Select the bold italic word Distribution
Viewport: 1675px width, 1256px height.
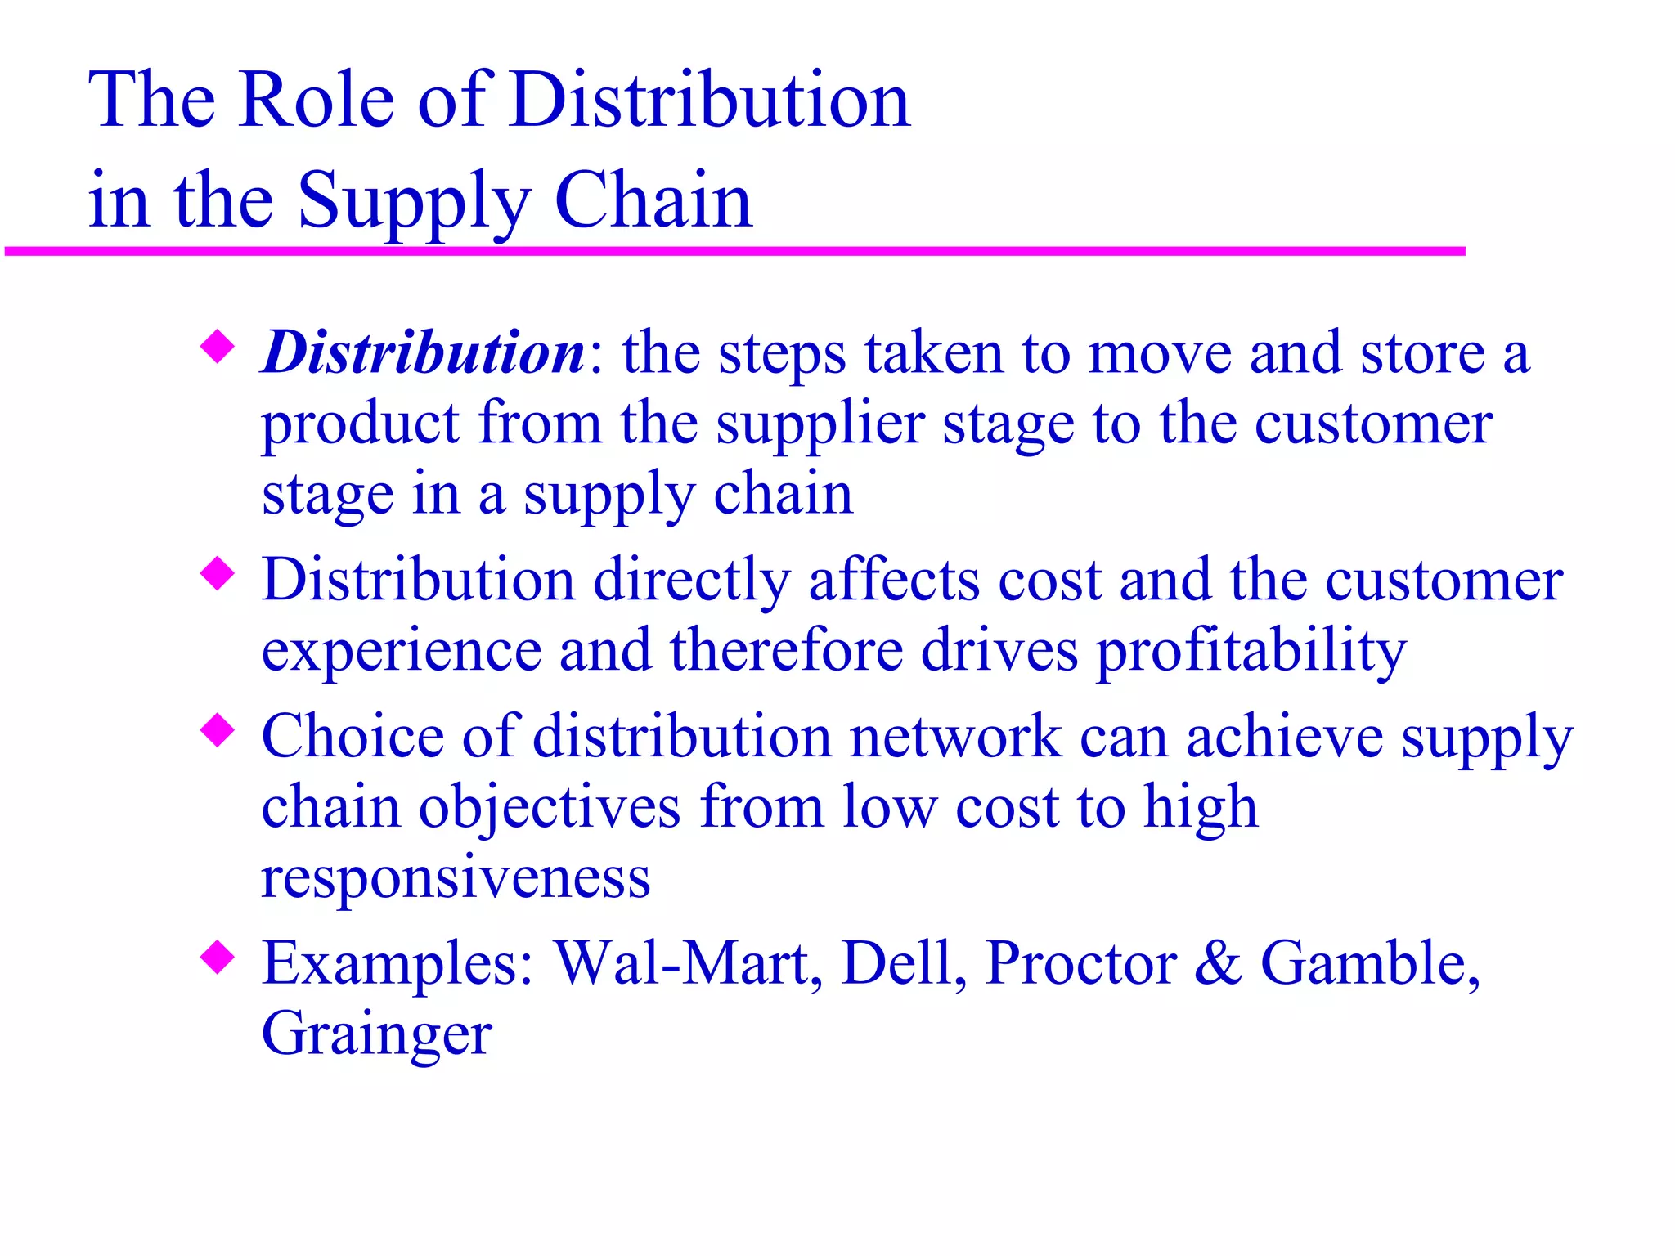(x=423, y=353)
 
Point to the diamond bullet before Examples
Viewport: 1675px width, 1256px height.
(x=218, y=956)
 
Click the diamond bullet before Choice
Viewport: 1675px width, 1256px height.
(x=218, y=729)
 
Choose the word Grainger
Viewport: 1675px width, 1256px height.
(x=376, y=1035)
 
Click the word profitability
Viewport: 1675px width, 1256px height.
(x=1251, y=652)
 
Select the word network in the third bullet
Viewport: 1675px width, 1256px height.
(x=955, y=737)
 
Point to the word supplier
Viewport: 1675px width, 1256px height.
(x=820, y=425)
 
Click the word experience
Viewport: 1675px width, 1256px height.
(x=402, y=652)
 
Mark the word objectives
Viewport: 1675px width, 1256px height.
(x=550, y=808)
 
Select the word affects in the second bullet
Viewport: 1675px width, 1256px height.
(x=894, y=581)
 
